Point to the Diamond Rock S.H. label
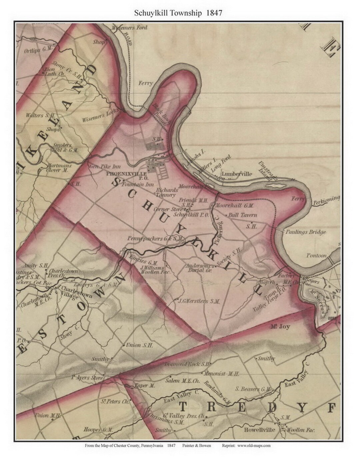[x=187, y=364]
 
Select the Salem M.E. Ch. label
[x=182, y=381]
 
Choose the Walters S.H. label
[x=39, y=116]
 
